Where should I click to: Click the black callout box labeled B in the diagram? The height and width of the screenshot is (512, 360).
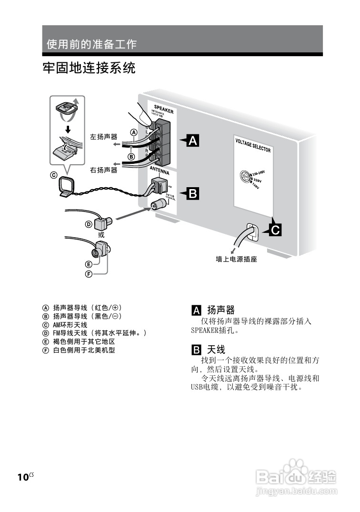pyautogui.click(x=192, y=193)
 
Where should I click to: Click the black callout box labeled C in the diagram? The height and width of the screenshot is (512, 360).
pyautogui.click(x=275, y=230)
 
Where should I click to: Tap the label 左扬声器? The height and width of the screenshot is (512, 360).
pyautogui.click(x=103, y=136)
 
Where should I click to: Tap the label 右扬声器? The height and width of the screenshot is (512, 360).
pyautogui.click(x=103, y=170)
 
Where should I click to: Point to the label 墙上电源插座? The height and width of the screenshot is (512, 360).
pyautogui.click(x=237, y=260)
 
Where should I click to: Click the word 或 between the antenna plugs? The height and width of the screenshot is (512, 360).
pyautogui.click(x=101, y=235)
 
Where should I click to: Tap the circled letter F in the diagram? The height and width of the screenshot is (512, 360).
pyautogui.click(x=89, y=273)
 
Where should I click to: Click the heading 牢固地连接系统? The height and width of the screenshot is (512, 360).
pyautogui.click(x=89, y=68)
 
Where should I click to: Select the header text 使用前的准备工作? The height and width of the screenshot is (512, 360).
pyautogui.click(x=91, y=44)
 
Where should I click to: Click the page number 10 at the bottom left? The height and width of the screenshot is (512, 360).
pyautogui.click(x=23, y=477)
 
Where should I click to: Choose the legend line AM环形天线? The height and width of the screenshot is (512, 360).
pyautogui.click(x=70, y=324)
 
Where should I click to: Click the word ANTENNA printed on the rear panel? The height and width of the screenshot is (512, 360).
pyautogui.click(x=160, y=171)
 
